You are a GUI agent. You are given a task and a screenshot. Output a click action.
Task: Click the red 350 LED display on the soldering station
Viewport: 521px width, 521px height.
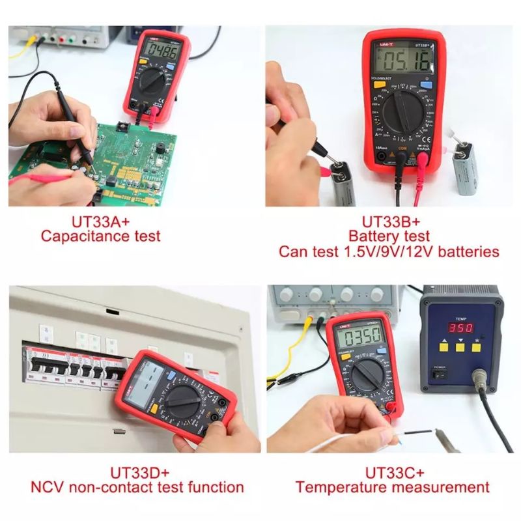pyautogui.click(x=460, y=327)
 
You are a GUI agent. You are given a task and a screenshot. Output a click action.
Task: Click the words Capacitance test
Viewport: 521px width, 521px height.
pyautogui.click(x=100, y=236)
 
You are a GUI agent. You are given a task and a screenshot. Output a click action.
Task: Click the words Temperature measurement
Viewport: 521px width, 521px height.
pyautogui.click(x=392, y=486)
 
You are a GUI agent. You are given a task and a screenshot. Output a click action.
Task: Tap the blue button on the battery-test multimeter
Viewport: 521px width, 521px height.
pyautogui.click(x=427, y=84)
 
